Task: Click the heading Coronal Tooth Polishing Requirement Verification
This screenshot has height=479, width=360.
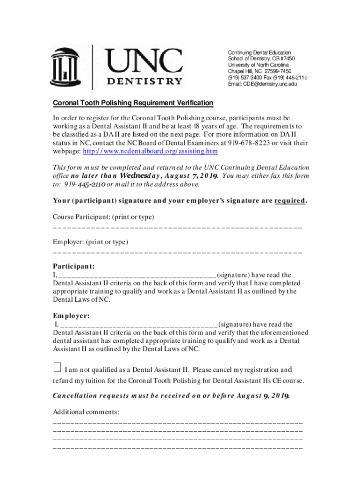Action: click(x=133, y=103)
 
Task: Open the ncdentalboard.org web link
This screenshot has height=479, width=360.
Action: click(x=150, y=152)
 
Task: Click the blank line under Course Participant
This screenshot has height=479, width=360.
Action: click(x=178, y=227)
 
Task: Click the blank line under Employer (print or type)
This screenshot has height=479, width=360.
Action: click(x=178, y=252)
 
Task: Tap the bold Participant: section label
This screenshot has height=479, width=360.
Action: click(x=73, y=266)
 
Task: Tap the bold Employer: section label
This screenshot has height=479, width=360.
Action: click(x=71, y=316)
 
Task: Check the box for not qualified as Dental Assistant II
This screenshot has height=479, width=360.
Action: click(x=57, y=367)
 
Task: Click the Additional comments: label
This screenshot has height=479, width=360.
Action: click(x=86, y=412)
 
